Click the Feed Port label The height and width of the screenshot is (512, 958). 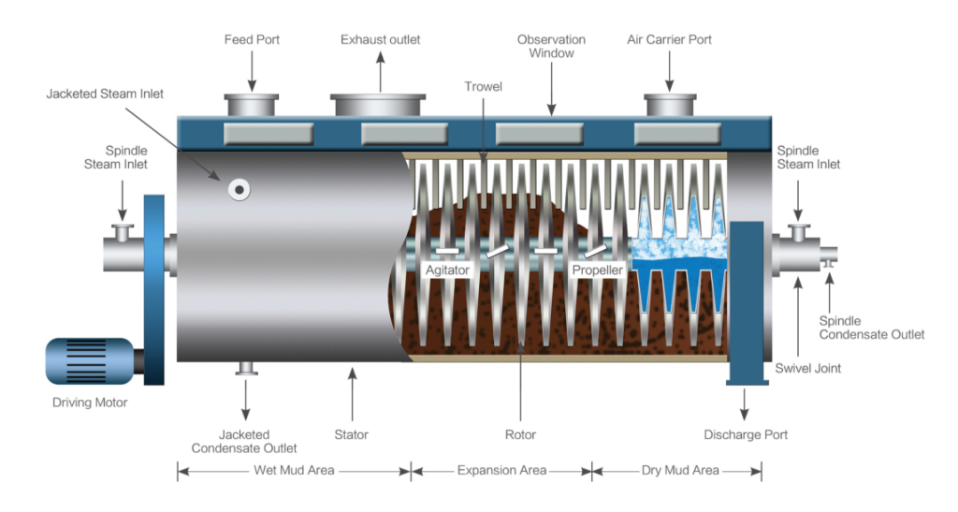pyautogui.click(x=252, y=40)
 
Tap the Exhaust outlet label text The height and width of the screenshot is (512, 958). pyautogui.click(x=380, y=40)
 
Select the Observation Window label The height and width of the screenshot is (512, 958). pyautogui.click(x=551, y=47)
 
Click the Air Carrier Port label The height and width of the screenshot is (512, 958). pyautogui.click(x=669, y=40)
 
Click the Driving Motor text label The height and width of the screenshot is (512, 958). pyautogui.click(x=91, y=403)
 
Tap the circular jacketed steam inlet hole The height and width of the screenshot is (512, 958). pyautogui.click(x=239, y=189)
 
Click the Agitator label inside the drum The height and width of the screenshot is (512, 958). pyautogui.click(x=447, y=270)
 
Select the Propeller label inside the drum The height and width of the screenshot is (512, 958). pyautogui.click(x=597, y=270)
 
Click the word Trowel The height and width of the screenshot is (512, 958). pyautogui.click(x=483, y=87)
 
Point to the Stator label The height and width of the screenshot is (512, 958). pyautogui.click(x=352, y=434)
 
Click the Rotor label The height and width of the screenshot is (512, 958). pyautogui.click(x=520, y=434)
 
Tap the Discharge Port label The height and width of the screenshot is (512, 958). pyautogui.click(x=746, y=434)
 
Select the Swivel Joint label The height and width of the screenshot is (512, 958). pyautogui.click(x=808, y=368)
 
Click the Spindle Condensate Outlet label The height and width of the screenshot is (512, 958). pyautogui.click(x=872, y=328)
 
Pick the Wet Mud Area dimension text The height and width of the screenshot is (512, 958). pyautogui.click(x=293, y=470)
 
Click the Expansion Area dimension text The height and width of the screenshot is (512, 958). pyautogui.click(x=501, y=470)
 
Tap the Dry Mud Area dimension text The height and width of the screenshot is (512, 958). pyautogui.click(x=680, y=470)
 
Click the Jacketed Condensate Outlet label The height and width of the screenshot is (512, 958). pyautogui.click(x=244, y=441)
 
